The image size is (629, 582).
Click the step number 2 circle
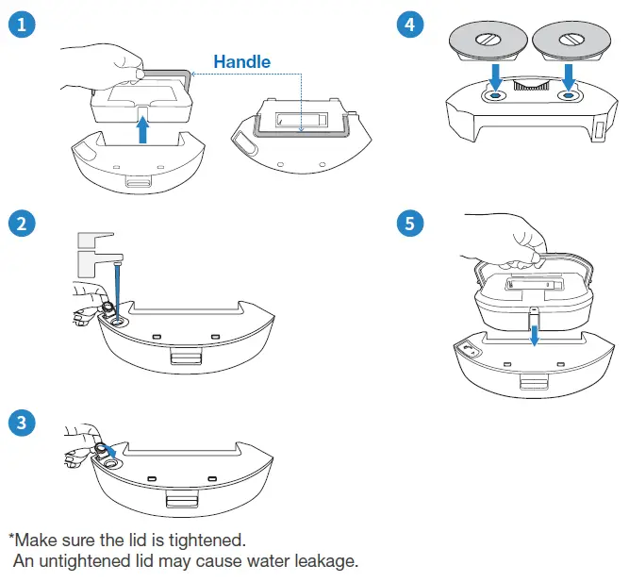21,224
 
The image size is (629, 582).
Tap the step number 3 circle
21,422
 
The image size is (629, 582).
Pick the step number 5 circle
408,224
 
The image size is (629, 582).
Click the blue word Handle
241,62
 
